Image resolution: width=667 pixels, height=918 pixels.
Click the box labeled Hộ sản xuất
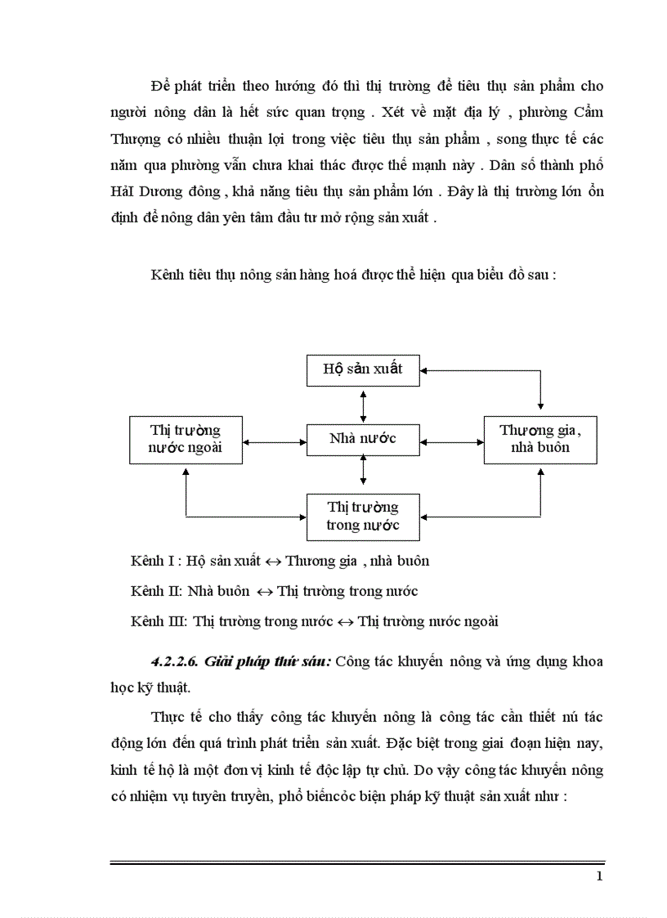tap(363, 369)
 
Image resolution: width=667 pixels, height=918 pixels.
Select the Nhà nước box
tap(363, 440)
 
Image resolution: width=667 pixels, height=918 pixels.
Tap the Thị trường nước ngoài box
tap(186, 440)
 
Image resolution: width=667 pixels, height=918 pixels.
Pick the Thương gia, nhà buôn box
tap(540, 440)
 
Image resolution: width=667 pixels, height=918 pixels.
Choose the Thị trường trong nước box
tap(363, 517)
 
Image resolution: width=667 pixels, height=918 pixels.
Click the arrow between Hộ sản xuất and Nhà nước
tap(363, 405)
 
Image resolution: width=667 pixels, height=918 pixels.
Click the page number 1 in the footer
tap(600, 878)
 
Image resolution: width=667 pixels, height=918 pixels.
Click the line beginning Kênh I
tap(280, 562)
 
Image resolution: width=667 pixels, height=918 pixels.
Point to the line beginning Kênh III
tap(314, 621)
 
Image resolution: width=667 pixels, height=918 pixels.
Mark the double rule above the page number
tap(357, 862)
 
